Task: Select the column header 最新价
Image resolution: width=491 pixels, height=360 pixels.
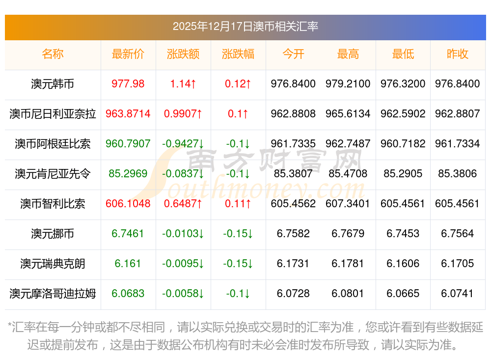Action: point(128,54)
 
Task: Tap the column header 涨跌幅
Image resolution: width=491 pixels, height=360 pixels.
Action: point(238,54)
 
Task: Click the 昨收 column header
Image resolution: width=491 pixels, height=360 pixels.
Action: point(458,54)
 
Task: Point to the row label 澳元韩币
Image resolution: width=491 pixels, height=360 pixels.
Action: point(53,84)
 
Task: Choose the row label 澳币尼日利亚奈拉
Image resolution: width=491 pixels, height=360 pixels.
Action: point(53,114)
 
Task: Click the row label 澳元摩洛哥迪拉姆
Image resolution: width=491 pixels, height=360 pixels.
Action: point(53,294)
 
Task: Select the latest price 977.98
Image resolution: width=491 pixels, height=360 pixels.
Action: point(128,84)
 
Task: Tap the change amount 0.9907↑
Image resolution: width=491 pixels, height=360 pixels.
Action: point(183,114)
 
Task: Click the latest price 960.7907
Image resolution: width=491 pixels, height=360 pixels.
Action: point(128,144)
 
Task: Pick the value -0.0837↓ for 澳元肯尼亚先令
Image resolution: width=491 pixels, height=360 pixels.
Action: point(183,174)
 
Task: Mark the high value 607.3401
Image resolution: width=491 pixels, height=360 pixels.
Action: point(348,204)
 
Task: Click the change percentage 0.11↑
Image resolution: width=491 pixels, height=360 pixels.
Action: point(238,204)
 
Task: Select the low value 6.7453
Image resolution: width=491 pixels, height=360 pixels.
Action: point(403,234)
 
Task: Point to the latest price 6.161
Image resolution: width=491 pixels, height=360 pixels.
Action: point(128,264)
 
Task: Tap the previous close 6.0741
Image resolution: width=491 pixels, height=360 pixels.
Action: point(458,294)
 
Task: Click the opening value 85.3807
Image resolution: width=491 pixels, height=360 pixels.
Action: point(293,174)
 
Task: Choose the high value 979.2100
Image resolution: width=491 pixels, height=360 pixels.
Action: point(348,84)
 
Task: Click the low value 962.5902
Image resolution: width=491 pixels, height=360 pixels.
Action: point(403,114)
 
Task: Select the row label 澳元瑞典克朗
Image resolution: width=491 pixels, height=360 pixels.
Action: point(53,264)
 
